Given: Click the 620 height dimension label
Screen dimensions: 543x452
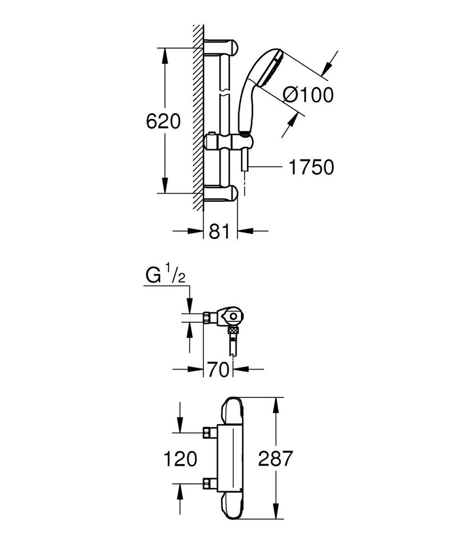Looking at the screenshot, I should (x=164, y=121).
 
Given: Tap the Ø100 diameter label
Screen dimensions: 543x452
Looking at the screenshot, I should (x=308, y=95).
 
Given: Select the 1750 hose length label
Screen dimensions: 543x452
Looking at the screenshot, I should (x=311, y=167).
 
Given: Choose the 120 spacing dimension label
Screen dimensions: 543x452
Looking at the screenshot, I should (x=180, y=459).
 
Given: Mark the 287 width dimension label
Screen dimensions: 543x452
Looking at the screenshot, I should (x=276, y=459).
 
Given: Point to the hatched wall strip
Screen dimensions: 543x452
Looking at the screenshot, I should (x=198, y=118).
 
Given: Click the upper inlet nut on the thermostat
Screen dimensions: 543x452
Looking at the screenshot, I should (x=209, y=433).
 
